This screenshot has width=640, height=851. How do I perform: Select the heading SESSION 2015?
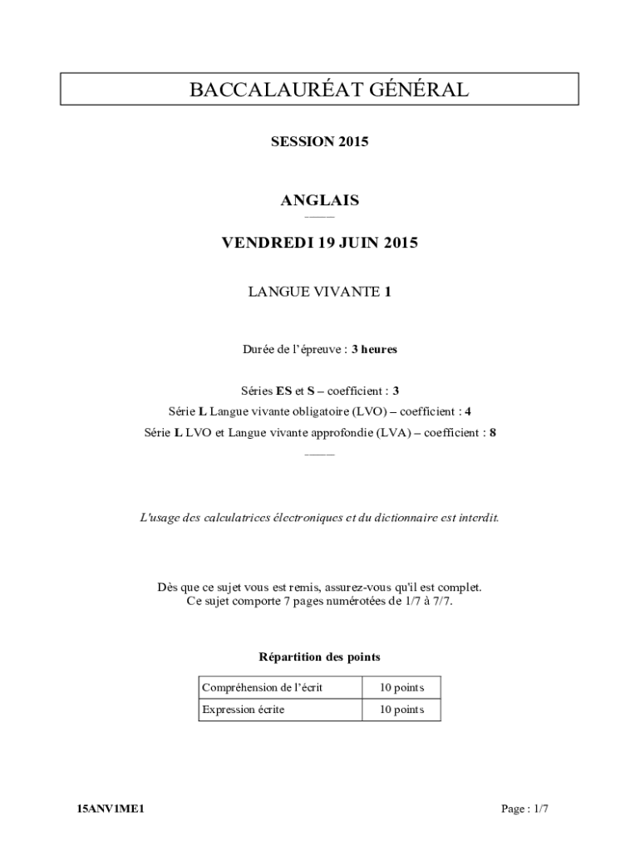click(x=319, y=141)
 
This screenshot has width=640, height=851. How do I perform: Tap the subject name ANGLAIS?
click(x=319, y=200)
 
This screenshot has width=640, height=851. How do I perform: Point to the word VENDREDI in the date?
click(x=264, y=243)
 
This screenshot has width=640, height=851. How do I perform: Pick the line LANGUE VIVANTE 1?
click(x=319, y=291)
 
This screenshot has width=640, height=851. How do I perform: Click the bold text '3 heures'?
click(x=374, y=349)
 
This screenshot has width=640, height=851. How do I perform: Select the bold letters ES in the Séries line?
click(x=283, y=390)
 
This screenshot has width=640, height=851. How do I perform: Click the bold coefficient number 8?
click(x=492, y=432)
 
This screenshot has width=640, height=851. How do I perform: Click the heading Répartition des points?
click(x=319, y=657)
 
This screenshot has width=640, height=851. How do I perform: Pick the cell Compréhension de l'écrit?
click(x=262, y=687)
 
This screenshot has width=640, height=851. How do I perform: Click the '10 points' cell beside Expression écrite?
click(x=401, y=710)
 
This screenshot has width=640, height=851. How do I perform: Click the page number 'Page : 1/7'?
click(x=524, y=809)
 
